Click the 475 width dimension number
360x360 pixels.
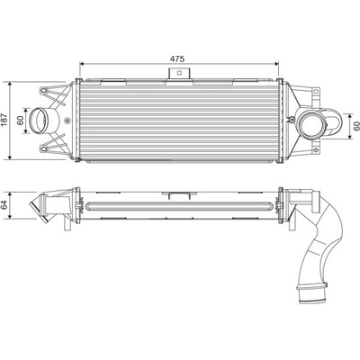tap(177, 58)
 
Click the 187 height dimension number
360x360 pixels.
tap(4, 120)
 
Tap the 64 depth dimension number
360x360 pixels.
tap(4, 205)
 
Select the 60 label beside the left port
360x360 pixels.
tap(21, 120)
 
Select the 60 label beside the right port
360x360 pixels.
tap(356, 126)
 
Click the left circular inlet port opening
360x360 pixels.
tap(39, 121)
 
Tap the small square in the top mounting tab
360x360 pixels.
tap(179, 72)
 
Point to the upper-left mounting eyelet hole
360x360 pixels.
tap(44, 90)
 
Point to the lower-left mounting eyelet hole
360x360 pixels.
tap(44, 148)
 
